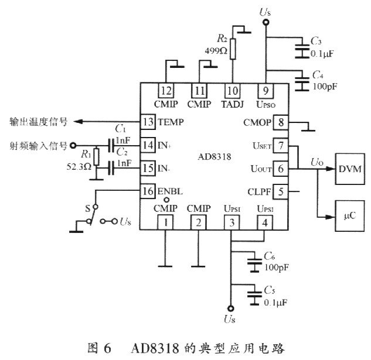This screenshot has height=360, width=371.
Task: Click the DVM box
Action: pos(350,169)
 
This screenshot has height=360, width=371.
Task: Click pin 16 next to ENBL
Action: pos(148,191)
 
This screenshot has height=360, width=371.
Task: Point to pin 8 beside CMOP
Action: pos(281,122)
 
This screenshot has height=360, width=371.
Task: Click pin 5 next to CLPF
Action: pos(281,190)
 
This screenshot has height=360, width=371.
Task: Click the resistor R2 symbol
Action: pos(233,49)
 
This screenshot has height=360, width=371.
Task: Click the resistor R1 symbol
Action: pos(97,157)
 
